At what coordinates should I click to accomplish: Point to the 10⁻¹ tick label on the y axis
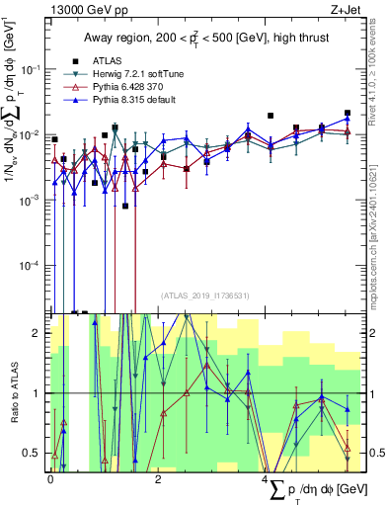(31, 69)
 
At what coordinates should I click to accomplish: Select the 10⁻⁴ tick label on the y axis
(31, 266)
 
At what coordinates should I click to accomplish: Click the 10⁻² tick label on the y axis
(31, 134)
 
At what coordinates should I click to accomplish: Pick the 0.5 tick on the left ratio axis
(36, 453)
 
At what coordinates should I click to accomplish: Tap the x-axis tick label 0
(50, 479)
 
